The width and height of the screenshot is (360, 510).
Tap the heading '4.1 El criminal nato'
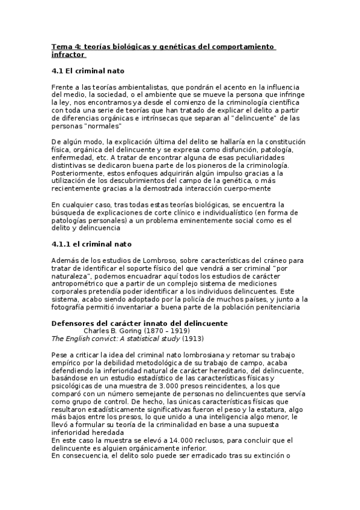tap(88, 70)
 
